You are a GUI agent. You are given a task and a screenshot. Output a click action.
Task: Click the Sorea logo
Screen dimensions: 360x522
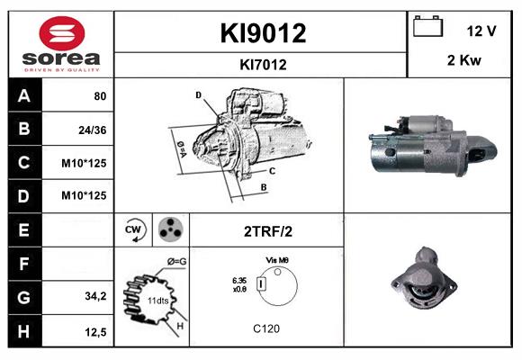[x=61, y=44]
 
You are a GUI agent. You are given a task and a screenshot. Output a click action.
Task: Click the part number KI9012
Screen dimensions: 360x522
[x=263, y=33]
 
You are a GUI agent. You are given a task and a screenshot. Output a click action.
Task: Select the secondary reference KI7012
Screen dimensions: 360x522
[x=263, y=64]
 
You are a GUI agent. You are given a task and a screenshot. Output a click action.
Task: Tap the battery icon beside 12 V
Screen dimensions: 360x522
[x=426, y=28]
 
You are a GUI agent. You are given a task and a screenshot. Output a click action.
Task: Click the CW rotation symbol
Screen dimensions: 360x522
[x=135, y=229]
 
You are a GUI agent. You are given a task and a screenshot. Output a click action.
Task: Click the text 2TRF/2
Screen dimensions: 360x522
[x=267, y=231]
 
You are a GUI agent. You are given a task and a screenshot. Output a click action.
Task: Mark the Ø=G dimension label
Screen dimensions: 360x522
[x=176, y=262]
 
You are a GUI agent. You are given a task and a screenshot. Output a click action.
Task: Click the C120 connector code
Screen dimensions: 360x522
[x=266, y=328]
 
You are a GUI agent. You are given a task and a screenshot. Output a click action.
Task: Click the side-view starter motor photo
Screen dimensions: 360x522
[x=431, y=145]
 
